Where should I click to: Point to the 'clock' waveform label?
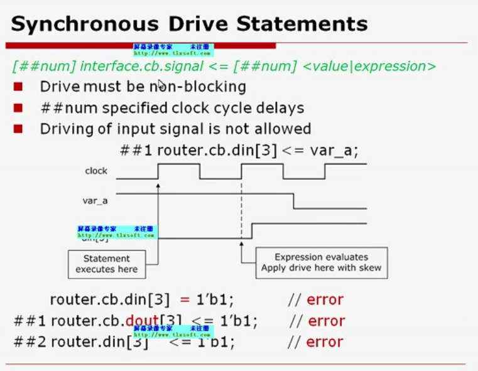pos(96,171)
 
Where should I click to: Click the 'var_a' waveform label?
pos(95,201)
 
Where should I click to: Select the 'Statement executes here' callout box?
pos(107,264)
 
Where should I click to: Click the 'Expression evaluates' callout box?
pos(321,263)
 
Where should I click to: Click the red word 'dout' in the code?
pos(141,321)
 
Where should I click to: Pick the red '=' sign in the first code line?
pos(185,299)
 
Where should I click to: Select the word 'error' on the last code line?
pos(325,342)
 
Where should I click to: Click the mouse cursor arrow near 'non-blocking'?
pos(161,85)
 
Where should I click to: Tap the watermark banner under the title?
pos(173,50)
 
